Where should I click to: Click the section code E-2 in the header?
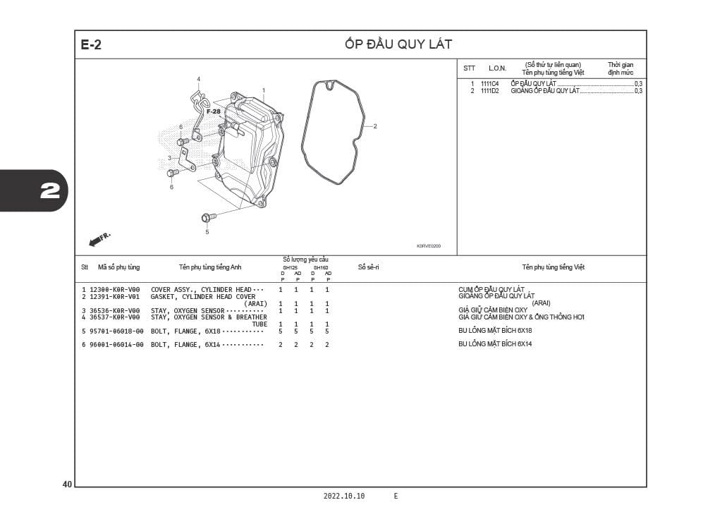click(x=91, y=44)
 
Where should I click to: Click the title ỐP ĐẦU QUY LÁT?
click(x=398, y=44)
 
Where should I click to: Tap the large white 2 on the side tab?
click(x=50, y=190)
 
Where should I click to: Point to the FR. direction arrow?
click(x=99, y=239)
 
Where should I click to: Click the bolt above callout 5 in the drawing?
click(x=208, y=217)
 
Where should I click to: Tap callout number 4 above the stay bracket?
click(x=198, y=79)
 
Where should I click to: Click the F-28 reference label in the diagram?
click(x=213, y=111)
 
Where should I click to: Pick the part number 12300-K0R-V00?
click(x=115, y=290)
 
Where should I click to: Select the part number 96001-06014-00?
click(x=116, y=344)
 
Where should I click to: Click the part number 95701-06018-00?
click(x=116, y=331)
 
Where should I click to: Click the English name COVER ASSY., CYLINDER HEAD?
click(x=201, y=290)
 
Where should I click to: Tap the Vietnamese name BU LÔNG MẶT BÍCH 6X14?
click(x=495, y=344)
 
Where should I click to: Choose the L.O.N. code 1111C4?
click(x=489, y=84)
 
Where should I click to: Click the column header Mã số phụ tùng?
click(x=118, y=267)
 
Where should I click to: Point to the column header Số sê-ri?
click(x=368, y=267)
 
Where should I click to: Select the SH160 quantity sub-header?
click(x=321, y=267)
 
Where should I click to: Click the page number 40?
click(x=67, y=484)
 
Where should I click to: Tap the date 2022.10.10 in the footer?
click(x=344, y=496)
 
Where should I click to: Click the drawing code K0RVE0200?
click(x=429, y=246)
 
